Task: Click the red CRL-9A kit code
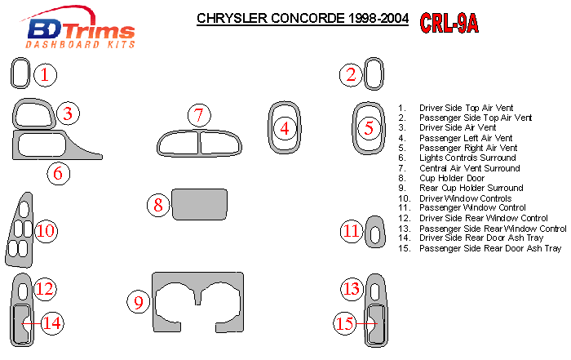[x=449, y=24]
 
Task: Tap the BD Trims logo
[x=79, y=28]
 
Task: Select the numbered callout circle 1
[x=46, y=75]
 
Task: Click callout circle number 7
[x=199, y=115]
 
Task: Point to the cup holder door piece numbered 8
[x=200, y=204]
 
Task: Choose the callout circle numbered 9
[x=139, y=302]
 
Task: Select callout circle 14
[x=52, y=323]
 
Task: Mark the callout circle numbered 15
[x=345, y=323]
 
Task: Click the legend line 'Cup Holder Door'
[x=452, y=178]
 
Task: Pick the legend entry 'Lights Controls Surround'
[x=467, y=158]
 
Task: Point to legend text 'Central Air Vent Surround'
[x=469, y=168]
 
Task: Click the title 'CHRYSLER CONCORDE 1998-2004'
[x=303, y=18]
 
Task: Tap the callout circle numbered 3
[x=68, y=113]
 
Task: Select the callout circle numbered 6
[x=58, y=173]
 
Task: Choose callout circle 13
[x=352, y=289]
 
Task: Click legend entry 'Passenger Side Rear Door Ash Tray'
[x=489, y=248]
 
